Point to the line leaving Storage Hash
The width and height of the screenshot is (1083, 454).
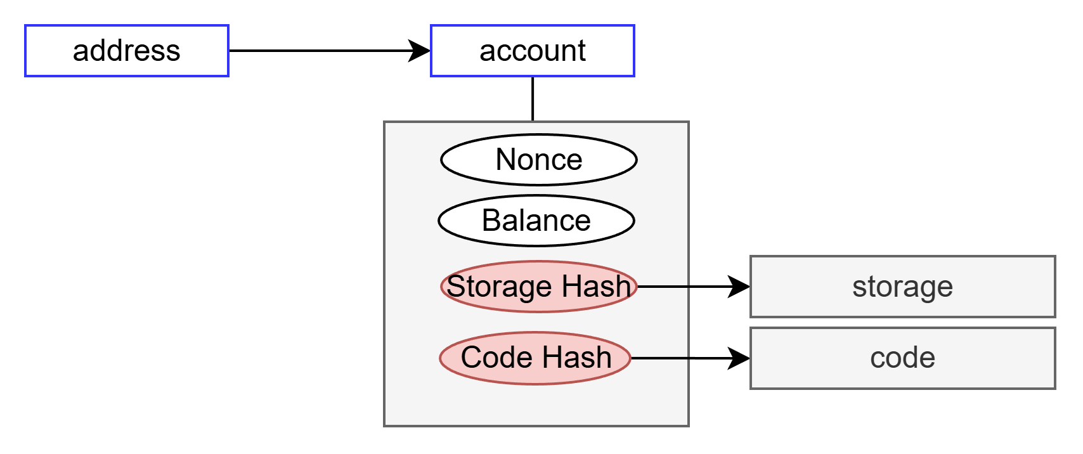[x=663, y=287]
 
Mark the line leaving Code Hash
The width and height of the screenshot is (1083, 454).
[x=660, y=358]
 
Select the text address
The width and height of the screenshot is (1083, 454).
[x=126, y=51]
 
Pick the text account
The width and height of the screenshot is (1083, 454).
[x=532, y=51]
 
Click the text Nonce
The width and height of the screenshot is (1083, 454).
[x=538, y=160]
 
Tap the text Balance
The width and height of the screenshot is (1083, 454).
[x=536, y=221]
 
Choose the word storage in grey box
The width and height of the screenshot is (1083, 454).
[x=902, y=287]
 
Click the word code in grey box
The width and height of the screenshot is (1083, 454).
[x=902, y=358]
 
